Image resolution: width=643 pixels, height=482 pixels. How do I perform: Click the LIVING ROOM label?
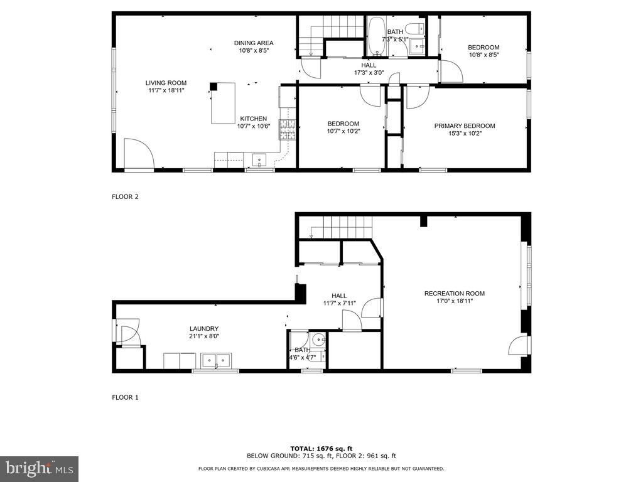pos(166,83)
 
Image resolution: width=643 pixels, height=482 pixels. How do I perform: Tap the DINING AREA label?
pos(254,43)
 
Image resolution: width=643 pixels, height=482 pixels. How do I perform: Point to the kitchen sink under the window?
pos(260,161)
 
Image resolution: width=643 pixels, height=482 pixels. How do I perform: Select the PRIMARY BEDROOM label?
pos(465,126)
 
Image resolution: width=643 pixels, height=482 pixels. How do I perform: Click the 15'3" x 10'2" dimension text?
pos(465,133)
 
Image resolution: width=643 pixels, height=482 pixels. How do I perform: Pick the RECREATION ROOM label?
pos(455,294)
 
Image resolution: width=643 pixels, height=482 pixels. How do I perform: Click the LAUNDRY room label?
pos(204,328)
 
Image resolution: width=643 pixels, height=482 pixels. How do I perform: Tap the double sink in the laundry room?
pos(216,361)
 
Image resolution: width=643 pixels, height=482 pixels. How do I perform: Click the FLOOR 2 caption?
pos(125,196)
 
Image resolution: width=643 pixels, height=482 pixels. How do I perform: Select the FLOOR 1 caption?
pos(125,397)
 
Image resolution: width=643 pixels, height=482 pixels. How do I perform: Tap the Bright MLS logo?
pos(39,468)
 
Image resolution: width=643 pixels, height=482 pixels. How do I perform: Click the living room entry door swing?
pos(138,155)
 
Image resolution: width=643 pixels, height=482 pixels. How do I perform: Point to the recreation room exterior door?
pos(519,345)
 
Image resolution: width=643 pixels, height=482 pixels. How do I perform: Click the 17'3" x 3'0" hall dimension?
pos(369,72)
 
